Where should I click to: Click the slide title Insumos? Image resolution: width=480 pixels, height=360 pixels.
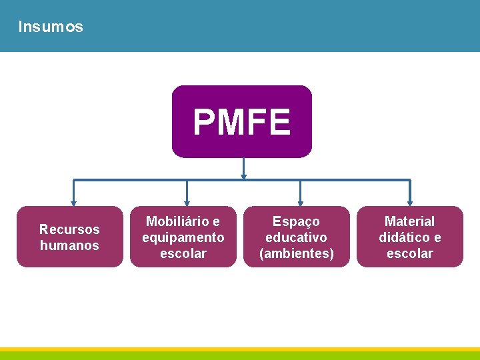point(51,27)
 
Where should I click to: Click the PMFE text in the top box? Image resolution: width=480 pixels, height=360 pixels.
point(242,122)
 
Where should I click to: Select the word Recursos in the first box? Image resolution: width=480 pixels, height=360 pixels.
point(69,229)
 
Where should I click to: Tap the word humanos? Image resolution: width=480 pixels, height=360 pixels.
point(69,245)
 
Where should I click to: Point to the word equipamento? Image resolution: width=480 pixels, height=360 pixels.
point(183,237)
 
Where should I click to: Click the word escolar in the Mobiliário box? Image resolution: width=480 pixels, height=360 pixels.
point(183,253)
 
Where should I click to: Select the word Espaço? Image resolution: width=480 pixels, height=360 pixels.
point(296,221)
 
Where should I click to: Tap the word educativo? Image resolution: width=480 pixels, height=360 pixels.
point(296,237)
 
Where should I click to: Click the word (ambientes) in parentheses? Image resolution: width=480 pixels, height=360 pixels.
point(296,253)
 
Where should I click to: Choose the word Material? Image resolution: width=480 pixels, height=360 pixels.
point(409,221)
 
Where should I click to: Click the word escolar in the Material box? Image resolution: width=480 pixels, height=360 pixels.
point(409,253)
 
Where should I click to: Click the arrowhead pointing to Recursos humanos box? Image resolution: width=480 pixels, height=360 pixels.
point(73,203)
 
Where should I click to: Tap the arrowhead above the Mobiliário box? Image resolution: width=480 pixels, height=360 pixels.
point(187,203)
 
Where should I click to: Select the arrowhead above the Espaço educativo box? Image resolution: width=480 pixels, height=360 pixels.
point(300,203)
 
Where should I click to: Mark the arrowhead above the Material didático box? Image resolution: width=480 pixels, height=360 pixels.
point(410,203)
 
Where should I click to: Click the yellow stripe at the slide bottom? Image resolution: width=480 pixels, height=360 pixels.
point(240,349)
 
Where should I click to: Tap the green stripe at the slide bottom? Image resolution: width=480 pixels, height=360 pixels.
point(240,356)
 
